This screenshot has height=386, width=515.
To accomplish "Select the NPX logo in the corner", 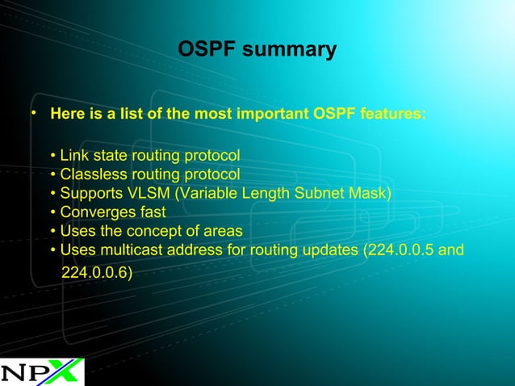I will coord(41,371).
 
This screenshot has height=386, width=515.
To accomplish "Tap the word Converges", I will coord(94,212).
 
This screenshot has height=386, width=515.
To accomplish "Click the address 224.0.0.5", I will coord(401,250).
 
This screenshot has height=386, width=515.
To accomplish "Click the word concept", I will coord(157,232).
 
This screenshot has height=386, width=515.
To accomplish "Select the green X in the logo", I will coord(65,371).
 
